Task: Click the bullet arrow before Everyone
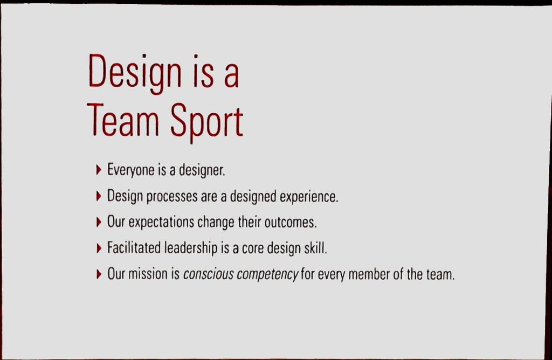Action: (98, 170)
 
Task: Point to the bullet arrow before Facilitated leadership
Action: (98, 248)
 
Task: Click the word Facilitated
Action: (134, 248)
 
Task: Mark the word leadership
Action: (191, 248)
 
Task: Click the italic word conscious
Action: (208, 275)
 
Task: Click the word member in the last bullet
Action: (369, 274)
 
